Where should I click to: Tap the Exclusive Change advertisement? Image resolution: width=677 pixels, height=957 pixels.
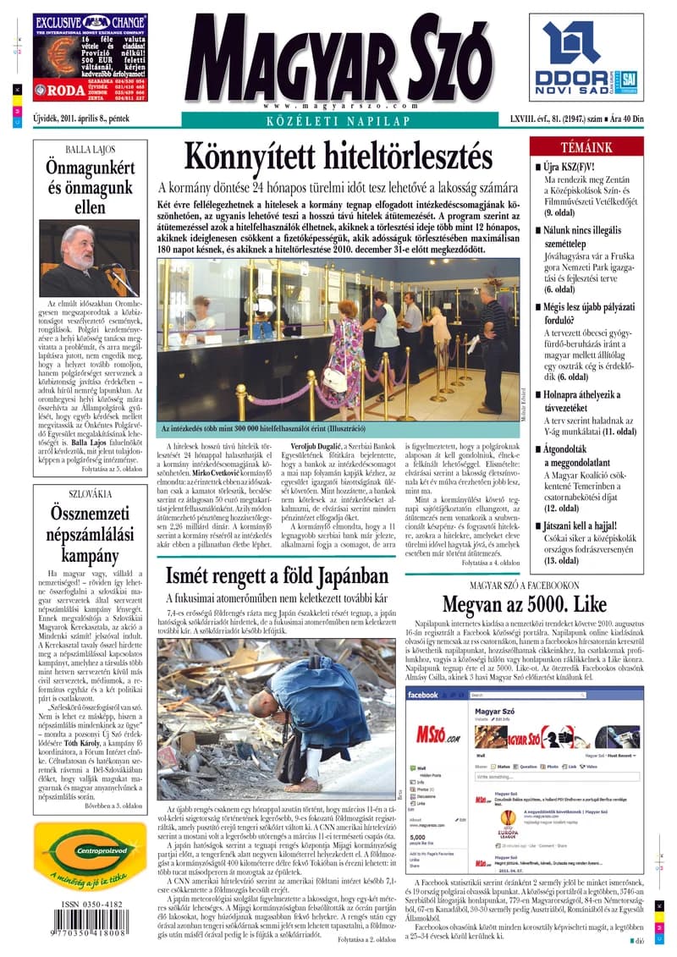pyautogui.click(x=90, y=58)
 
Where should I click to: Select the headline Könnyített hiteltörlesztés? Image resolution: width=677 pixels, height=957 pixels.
pyautogui.click(x=338, y=157)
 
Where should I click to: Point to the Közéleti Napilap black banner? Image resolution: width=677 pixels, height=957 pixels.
pyautogui.click(x=338, y=121)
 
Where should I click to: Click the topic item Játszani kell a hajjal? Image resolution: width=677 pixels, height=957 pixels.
pyautogui.click(x=589, y=525)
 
